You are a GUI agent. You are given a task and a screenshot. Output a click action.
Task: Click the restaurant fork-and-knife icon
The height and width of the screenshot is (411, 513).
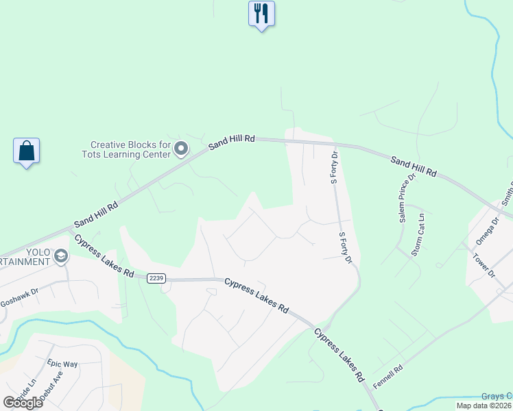(261, 13)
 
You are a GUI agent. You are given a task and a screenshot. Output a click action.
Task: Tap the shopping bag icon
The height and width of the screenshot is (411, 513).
(26, 151)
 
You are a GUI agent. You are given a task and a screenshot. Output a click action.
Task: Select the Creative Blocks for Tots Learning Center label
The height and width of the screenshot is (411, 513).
(130, 149)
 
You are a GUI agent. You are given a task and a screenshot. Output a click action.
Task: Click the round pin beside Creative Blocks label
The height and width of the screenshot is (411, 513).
(182, 149)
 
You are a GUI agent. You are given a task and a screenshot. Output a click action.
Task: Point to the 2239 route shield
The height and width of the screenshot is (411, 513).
(156, 277)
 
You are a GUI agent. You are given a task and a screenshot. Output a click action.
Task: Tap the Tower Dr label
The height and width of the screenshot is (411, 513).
(484, 265)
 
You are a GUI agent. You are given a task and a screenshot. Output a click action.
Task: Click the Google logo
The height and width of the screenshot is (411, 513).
(23, 402)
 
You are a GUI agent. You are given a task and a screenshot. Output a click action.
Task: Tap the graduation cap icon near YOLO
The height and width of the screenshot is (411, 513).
(61, 256)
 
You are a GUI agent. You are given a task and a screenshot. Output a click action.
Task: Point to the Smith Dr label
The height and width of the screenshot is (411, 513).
(507, 195)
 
